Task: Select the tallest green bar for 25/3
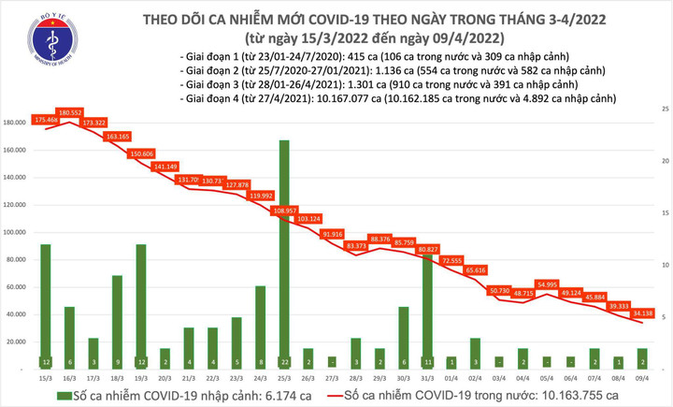283,253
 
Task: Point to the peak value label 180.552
70,112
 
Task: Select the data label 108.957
283,211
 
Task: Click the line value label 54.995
523,283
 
